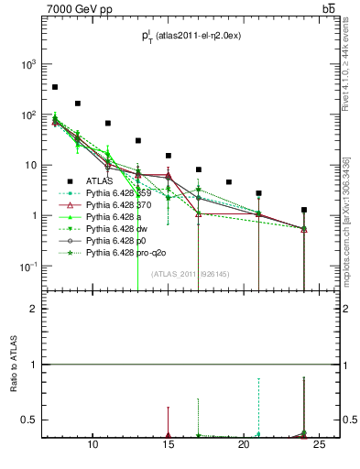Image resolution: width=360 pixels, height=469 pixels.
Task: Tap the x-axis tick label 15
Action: [168, 445]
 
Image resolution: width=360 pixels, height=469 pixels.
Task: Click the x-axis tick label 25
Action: [319, 445]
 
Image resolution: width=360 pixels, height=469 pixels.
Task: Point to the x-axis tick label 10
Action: [93, 445]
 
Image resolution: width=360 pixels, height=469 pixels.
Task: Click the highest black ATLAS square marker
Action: [55, 87]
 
